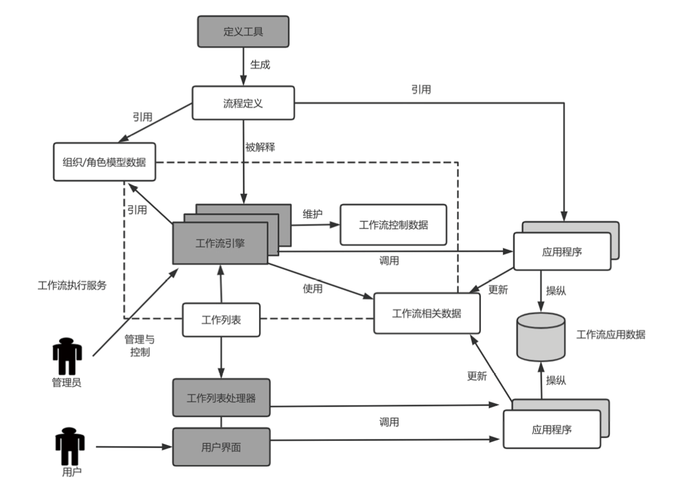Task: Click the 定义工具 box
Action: pyautogui.click(x=243, y=31)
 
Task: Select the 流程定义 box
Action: pyautogui.click(x=243, y=103)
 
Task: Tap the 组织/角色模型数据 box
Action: pyautogui.click(x=104, y=162)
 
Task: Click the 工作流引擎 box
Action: pyautogui.click(x=220, y=243)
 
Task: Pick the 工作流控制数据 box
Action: pyautogui.click(x=393, y=225)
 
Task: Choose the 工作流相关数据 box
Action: pyautogui.click(x=427, y=313)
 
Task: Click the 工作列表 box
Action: pyautogui.click(x=221, y=320)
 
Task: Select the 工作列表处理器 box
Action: pyautogui.click(x=221, y=398)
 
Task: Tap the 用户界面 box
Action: pyautogui.click(x=221, y=447)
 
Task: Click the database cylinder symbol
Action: pyautogui.click(x=540, y=337)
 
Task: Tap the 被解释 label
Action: pyautogui.click(x=260, y=148)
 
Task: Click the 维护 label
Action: pyautogui.click(x=312, y=214)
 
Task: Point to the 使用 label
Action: pyautogui.click(x=312, y=288)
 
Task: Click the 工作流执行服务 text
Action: pyautogui.click(x=72, y=286)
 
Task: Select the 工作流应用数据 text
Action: pyautogui.click(x=610, y=335)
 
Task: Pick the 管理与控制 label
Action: pyautogui.click(x=139, y=345)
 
